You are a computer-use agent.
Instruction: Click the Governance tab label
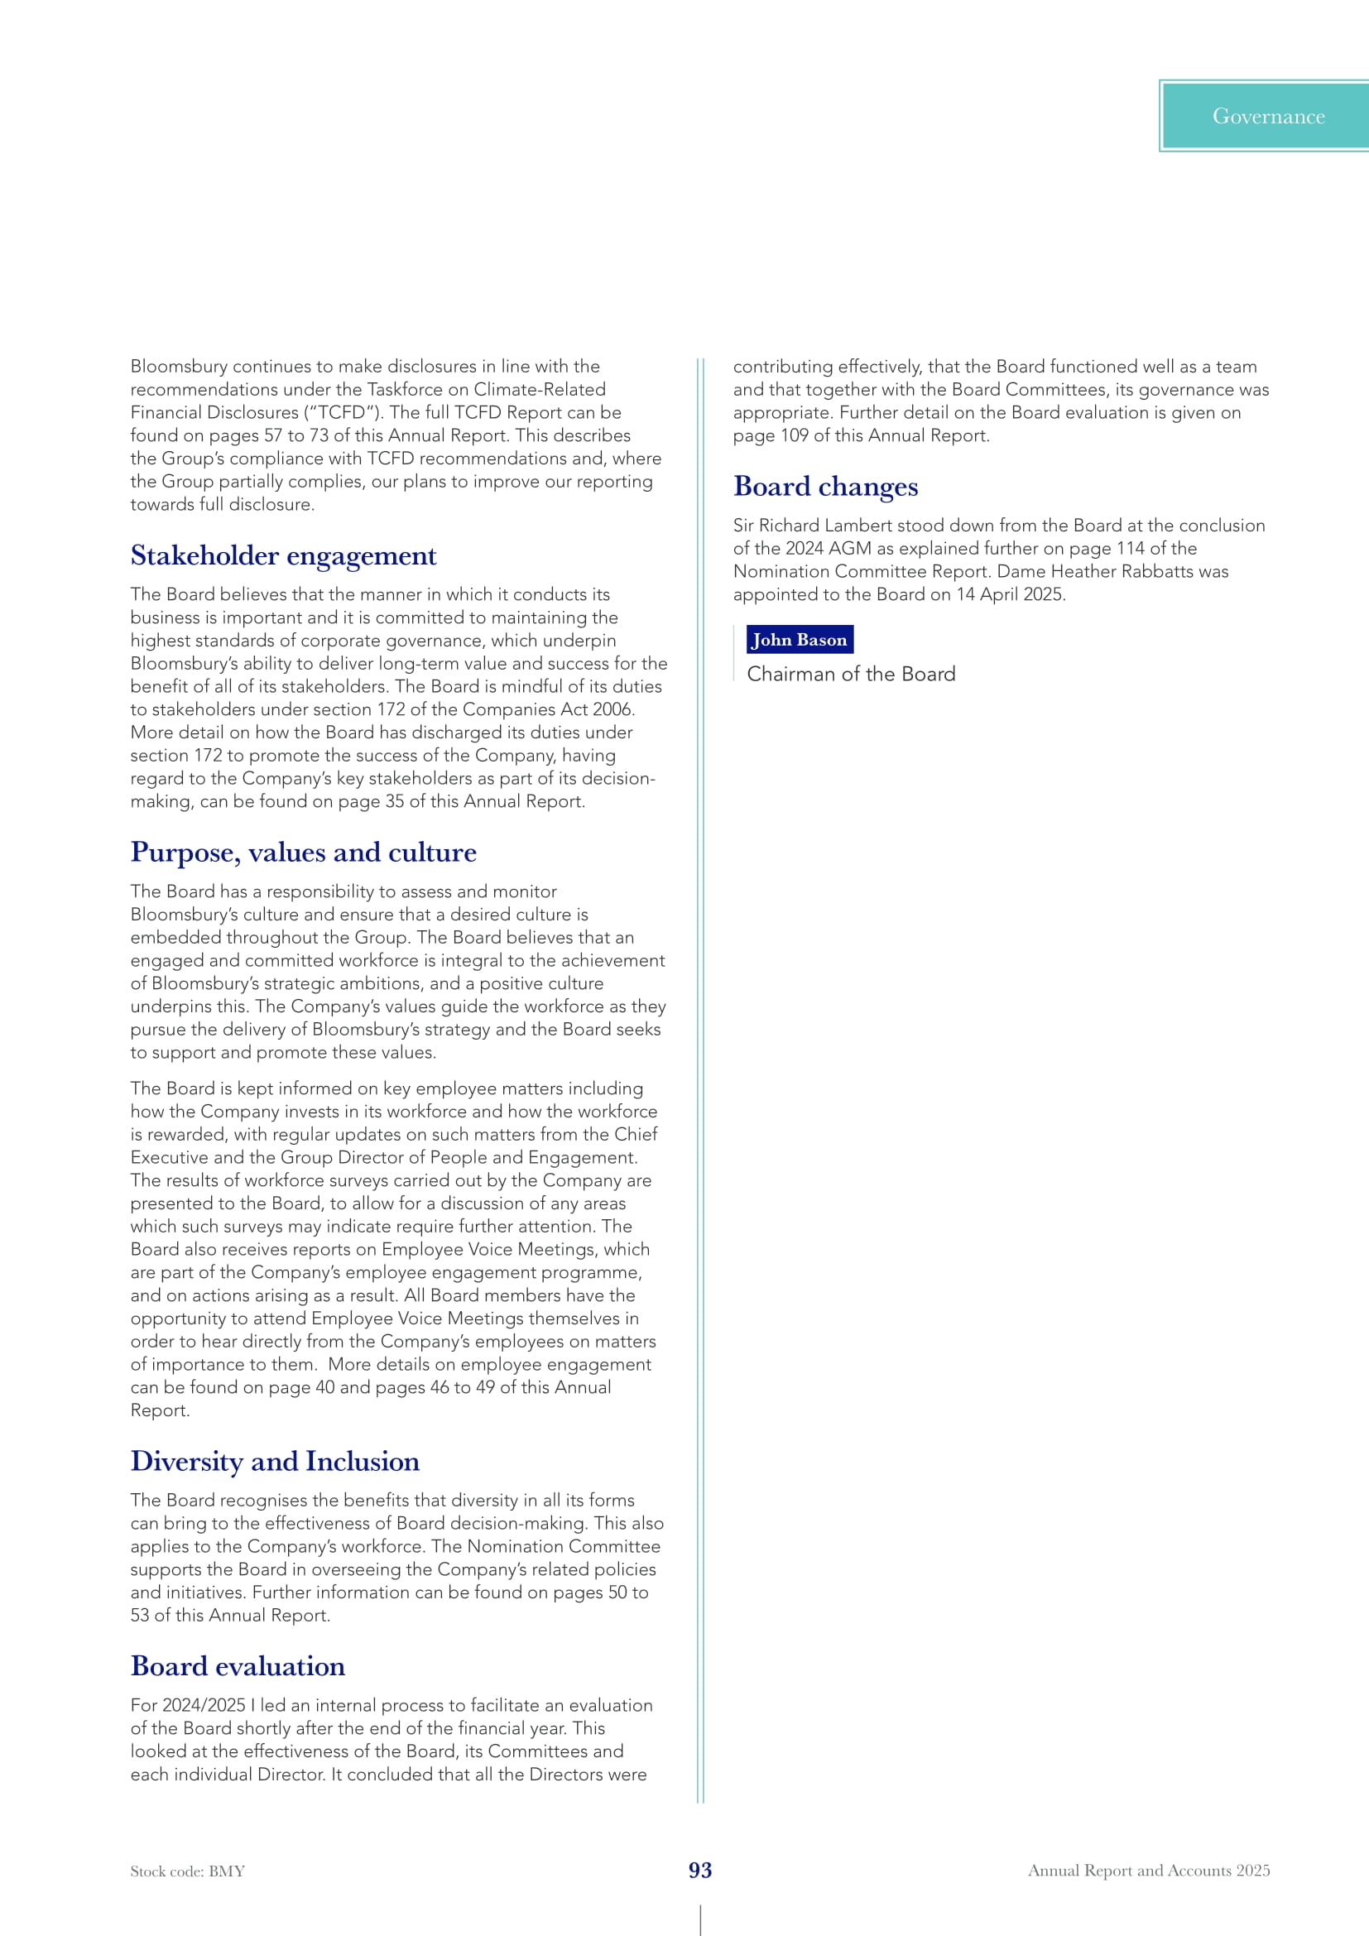(1268, 117)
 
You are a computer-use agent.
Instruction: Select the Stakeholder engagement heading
(283, 555)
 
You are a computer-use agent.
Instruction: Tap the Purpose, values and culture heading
(304, 853)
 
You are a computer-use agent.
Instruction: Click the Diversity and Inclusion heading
(275, 1461)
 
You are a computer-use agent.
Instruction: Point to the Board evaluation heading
(238, 1666)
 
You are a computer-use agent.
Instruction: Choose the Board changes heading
(825, 487)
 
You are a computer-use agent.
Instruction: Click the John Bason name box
(800, 640)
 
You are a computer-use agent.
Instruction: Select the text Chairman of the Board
(851, 675)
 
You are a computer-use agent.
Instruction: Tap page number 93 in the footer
(699, 1871)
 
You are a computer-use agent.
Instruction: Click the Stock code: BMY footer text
(187, 1871)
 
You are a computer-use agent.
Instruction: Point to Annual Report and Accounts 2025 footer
(1148, 1871)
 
